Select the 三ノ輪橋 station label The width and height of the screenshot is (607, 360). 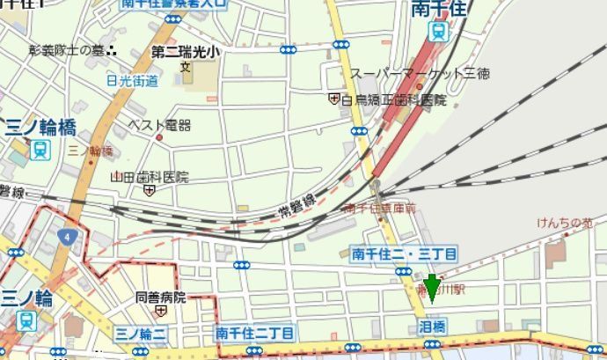tap(40, 127)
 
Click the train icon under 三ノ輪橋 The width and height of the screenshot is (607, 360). tap(40, 149)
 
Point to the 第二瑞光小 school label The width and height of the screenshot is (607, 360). tap(185, 52)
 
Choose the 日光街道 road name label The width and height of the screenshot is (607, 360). tap(132, 81)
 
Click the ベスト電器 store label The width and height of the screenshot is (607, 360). tap(159, 126)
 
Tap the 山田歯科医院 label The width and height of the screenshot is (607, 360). tap(149, 177)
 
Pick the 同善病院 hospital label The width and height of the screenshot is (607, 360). tap(161, 298)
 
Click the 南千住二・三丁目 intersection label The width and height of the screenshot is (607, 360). tap(404, 253)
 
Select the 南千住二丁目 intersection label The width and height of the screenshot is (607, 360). tap(255, 333)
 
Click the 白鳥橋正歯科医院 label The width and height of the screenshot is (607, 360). tap(392, 99)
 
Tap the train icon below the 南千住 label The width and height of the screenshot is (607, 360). tap(438, 32)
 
